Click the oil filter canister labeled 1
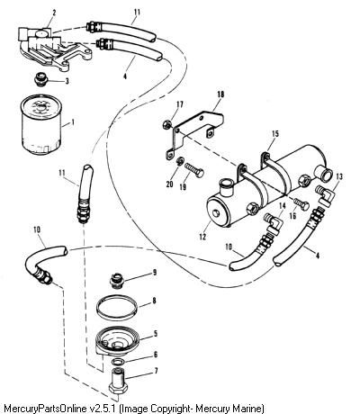click(x=41, y=124)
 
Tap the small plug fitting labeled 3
click(x=40, y=79)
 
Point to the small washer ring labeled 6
click(x=118, y=362)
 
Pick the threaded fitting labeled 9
click(x=116, y=281)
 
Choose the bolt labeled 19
click(x=194, y=169)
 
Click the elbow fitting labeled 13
click(x=325, y=195)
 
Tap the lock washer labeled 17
click(x=167, y=124)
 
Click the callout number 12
click(x=202, y=237)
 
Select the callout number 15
click(x=275, y=134)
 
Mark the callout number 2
click(x=54, y=13)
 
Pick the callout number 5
click(x=155, y=333)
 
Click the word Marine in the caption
click(x=244, y=409)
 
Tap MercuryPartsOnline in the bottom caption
click(x=45, y=409)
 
